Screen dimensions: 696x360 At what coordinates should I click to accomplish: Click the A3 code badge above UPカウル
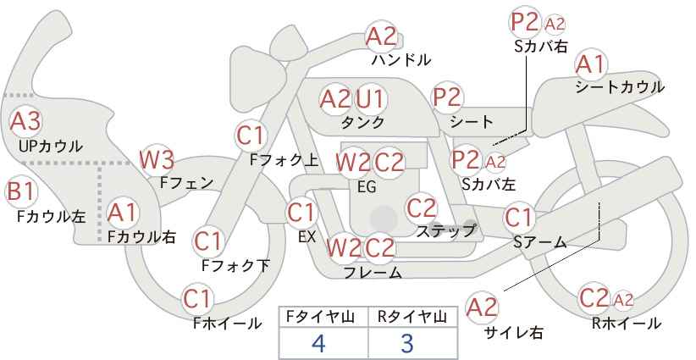click(25, 121)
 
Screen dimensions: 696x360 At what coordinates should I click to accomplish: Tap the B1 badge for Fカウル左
click(21, 191)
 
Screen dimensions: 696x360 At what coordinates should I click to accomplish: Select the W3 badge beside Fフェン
click(157, 160)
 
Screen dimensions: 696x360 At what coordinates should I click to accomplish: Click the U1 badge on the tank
click(371, 98)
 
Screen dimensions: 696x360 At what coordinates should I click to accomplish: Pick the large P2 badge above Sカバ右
click(524, 22)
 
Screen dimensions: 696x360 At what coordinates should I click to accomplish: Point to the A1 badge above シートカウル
click(591, 64)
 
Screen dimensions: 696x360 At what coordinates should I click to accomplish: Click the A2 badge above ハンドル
click(381, 36)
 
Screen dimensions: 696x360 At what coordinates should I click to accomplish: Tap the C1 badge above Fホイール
click(197, 300)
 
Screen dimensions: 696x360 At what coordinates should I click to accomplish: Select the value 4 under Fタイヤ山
click(318, 343)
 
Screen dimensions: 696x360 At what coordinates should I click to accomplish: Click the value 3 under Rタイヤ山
click(407, 343)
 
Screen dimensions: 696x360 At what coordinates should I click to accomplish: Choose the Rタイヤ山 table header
click(412, 317)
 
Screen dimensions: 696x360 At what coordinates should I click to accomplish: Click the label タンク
click(362, 122)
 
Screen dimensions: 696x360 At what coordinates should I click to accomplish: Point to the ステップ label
click(445, 231)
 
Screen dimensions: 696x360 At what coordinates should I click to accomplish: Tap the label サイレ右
click(514, 333)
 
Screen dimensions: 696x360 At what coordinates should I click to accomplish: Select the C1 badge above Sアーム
click(519, 218)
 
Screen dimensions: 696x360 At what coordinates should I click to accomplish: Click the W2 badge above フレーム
click(344, 247)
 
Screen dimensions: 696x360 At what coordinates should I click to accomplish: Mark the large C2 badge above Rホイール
click(594, 298)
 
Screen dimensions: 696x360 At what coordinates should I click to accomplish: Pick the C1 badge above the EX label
click(301, 213)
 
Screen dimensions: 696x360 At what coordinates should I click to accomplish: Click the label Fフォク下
click(235, 265)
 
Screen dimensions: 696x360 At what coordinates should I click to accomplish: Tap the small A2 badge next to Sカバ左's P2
click(495, 163)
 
